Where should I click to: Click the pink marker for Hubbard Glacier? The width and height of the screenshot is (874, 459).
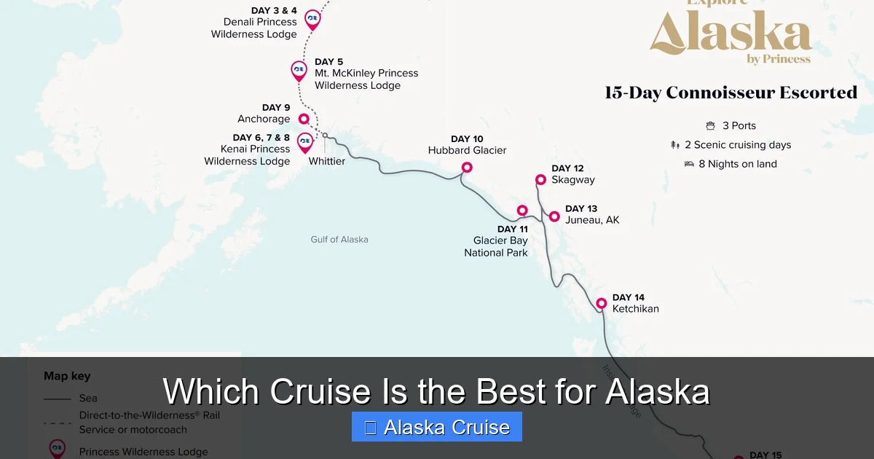(467, 168)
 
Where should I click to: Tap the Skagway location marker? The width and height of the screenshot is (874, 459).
(540, 180)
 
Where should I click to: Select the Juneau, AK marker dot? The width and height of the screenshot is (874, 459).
(554, 216)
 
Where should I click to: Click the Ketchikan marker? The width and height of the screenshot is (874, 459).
(602, 303)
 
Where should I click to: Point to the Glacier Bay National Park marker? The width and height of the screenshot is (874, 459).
(522, 211)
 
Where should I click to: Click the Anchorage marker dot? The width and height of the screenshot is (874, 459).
(304, 119)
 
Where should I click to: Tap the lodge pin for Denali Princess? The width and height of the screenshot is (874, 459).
(312, 18)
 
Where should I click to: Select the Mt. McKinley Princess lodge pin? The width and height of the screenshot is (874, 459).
(299, 70)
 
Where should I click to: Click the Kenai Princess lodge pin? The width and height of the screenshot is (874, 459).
(305, 141)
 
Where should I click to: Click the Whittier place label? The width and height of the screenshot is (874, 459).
(327, 161)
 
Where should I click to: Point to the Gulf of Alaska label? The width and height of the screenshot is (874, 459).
(339, 239)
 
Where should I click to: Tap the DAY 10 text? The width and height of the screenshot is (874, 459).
(467, 139)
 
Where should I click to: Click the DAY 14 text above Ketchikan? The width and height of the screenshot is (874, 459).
(628, 297)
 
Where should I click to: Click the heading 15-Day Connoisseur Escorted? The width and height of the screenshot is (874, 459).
(731, 93)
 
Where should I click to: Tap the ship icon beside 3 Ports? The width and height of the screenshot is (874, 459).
(710, 126)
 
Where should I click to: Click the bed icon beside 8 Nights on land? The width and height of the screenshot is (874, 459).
(689, 164)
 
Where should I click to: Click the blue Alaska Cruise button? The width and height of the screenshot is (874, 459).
(436, 427)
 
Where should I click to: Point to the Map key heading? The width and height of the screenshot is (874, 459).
(67, 376)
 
